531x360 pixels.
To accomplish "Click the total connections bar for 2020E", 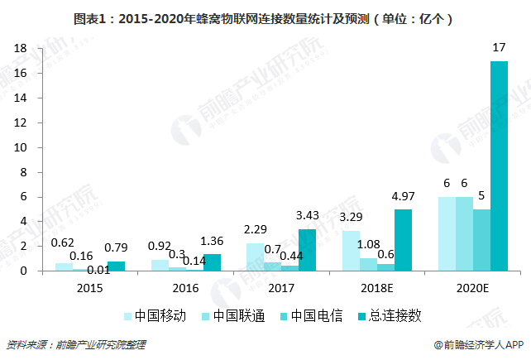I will (499, 166).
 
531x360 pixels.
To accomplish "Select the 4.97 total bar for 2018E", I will (402, 240).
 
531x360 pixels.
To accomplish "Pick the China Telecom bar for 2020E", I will (481, 240).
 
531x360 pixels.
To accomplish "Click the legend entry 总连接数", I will (388, 315).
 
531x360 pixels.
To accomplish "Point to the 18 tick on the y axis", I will (21, 49).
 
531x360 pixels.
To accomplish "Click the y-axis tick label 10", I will (21, 147).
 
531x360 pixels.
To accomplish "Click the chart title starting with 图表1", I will (265, 17).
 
